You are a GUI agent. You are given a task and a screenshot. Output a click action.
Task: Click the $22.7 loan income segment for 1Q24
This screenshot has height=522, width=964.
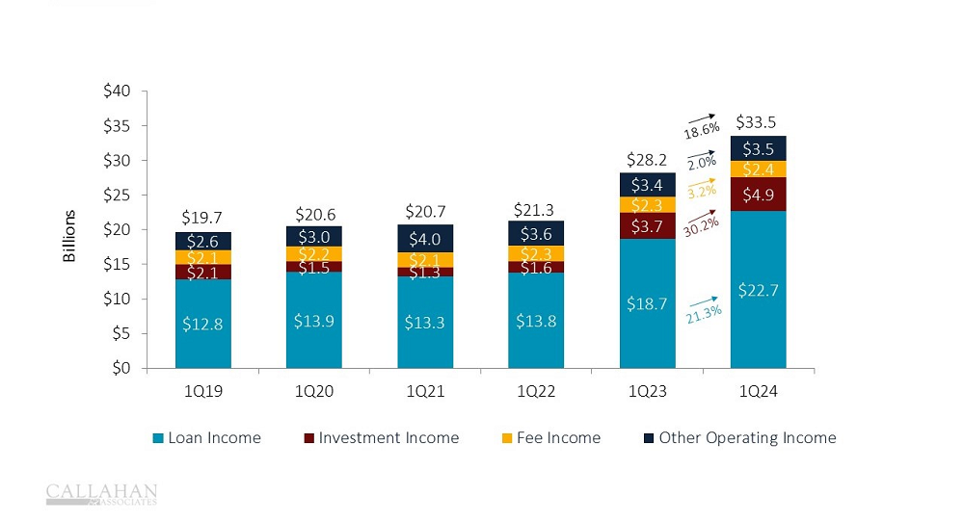pyautogui.click(x=758, y=289)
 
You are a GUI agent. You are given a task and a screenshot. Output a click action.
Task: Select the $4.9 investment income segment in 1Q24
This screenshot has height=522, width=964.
pyautogui.click(x=758, y=195)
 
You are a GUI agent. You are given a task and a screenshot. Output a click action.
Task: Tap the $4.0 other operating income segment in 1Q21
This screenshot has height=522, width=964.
pyautogui.click(x=425, y=239)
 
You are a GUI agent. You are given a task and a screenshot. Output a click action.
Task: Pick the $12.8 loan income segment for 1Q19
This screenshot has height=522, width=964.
pyautogui.click(x=202, y=324)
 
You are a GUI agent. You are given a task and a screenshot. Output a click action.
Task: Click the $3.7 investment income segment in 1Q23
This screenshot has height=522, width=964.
pyautogui.click(x=647, y=226)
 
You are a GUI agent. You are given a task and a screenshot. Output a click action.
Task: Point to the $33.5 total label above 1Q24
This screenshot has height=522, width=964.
pyautogui.click(x=758, y=122)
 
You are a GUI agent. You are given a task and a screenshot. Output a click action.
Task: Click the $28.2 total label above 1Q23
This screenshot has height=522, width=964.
pyautogui.click(x=647, y=158)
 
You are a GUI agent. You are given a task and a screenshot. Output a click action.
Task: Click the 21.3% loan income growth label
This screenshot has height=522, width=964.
pyautogui.click(x=705, y=313)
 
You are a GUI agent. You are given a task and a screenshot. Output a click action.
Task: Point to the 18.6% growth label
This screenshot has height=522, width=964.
pyautogui.click(x=701, y=130)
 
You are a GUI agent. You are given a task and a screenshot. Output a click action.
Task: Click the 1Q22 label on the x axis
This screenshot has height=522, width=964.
pyautogui.click(x=536, y=393)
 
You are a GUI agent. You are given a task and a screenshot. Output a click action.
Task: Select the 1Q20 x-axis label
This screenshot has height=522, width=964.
pyautogui.click(x=313, y=393)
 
